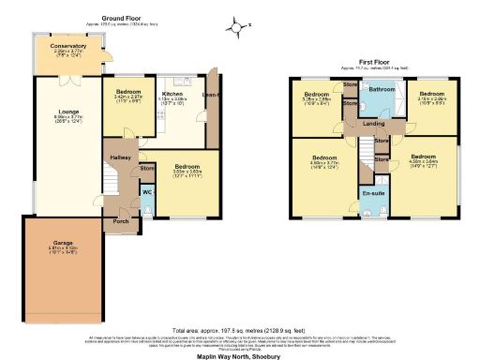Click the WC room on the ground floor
tap(146, 192)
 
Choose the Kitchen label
tap(172, 94)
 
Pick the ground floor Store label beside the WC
tap(147, 169)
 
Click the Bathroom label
tap(382, 89)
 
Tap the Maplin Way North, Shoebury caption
tap(240, 353)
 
